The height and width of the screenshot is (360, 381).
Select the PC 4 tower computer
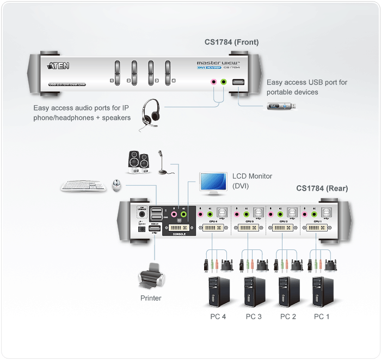point(218,292)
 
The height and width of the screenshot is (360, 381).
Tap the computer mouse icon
point(116,186)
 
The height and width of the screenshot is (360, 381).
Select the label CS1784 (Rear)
point(322,188)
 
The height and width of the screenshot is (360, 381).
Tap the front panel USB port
point(238,83)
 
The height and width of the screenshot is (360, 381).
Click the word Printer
point(150,298)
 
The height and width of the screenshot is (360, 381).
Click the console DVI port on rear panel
point(179,227)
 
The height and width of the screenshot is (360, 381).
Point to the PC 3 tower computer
point(252,292)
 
